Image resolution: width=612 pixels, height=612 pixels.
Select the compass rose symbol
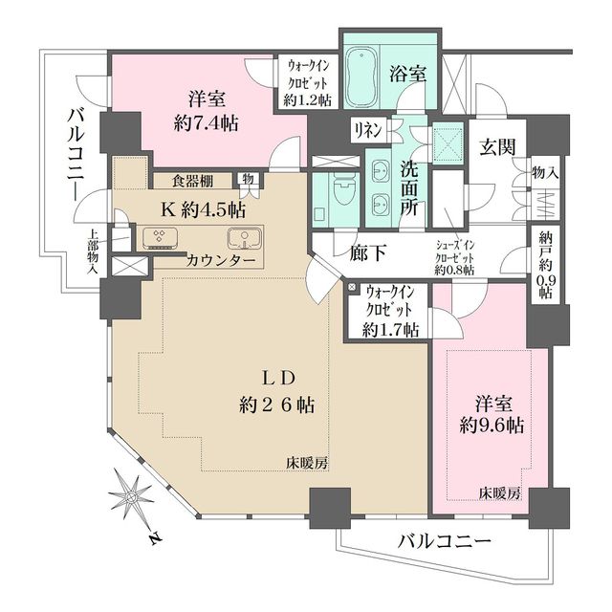point(132,497)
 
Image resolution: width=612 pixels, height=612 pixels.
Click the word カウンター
point(221,260)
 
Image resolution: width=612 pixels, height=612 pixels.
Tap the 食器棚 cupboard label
point(192,180)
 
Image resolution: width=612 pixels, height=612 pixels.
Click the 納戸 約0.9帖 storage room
point(545,267)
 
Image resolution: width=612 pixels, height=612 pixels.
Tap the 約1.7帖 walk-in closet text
point(390,330)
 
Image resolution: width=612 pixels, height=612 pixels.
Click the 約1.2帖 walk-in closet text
point(307,99)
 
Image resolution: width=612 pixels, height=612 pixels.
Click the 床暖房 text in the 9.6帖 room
point(500,493)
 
